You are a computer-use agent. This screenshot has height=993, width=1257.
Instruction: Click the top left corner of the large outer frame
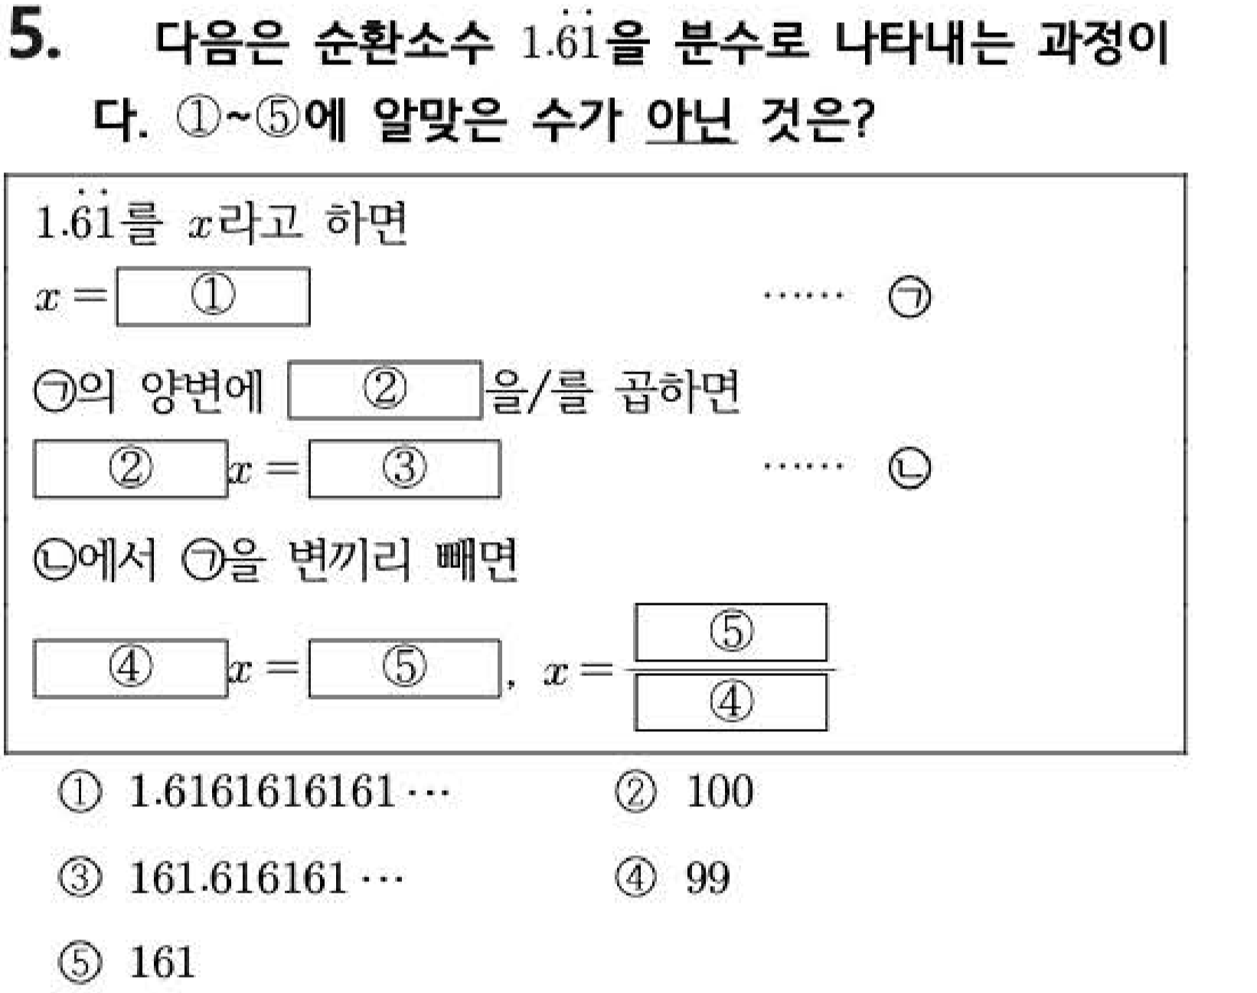tap(6, 174)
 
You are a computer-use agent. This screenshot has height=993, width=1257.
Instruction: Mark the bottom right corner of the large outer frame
tap(1186, 753)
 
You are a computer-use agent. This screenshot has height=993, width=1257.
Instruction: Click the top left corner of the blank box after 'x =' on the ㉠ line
tap(117, 269)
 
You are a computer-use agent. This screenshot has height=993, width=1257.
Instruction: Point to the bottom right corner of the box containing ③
tap(500, 497)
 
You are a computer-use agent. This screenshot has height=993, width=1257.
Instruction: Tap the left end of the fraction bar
tap(625, 669)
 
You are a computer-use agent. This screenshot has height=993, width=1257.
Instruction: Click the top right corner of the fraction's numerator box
tap(827, 605)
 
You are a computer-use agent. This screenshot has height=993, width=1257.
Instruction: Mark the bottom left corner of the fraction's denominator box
tap(635, 730)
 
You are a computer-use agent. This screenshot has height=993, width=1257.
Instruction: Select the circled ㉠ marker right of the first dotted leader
tap(909, 297)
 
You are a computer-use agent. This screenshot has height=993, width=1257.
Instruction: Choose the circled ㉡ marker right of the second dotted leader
tap(909, 468)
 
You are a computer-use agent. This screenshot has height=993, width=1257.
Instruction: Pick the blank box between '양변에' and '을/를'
tap(385, 390)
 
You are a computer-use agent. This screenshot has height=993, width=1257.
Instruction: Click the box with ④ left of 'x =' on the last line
tap(130, 669)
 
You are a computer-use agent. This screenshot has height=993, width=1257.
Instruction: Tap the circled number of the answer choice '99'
tap(636, 878)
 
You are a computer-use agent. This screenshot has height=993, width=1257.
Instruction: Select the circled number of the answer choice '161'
tap(80, 962)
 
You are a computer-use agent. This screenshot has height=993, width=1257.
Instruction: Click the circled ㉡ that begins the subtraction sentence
tap(55, 560)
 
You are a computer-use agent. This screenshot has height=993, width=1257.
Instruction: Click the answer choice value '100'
tap(720, 792)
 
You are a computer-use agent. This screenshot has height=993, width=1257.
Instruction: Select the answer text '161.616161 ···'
tap(266, 878)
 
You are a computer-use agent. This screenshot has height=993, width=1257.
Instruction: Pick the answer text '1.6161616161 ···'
tap(289, 792)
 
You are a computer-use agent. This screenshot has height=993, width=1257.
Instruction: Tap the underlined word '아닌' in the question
tap(690, 119)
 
